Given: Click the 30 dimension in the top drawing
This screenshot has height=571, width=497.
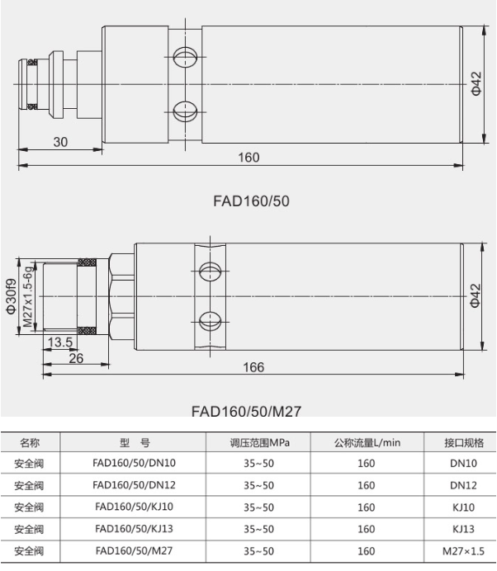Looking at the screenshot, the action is tap(60, 142).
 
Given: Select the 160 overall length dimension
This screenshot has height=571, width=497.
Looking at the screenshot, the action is tap(248, 158).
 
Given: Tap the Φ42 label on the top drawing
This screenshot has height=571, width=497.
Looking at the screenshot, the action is tap(476, 84).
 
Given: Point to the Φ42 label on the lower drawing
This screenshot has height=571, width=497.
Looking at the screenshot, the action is tap(476, 295).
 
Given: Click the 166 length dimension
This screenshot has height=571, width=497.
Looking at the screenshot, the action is tap(253, 367).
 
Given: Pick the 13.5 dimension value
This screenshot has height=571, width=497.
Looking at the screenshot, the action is tap(60, 342).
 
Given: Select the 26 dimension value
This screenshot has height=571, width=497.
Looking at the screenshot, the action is tap(76, 358).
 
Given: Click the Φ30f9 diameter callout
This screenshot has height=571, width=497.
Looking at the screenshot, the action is tap(11, 296).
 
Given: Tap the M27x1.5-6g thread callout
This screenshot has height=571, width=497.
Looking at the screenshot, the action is tap(28, 296).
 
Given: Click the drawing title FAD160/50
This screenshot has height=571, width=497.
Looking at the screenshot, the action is tap(251, 201).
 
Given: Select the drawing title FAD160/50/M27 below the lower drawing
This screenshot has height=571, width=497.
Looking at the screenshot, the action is tap(246, 412).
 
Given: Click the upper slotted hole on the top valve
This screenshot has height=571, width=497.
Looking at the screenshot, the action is tap(185, 57).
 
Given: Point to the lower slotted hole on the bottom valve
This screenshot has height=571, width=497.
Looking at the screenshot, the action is tap(211, 321).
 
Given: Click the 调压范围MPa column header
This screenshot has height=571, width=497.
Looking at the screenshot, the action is tap(259, 443).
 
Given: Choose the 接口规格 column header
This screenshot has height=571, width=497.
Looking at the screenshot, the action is tap(464, 443).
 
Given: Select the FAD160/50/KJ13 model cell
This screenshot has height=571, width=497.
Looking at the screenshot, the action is tap(134, 529).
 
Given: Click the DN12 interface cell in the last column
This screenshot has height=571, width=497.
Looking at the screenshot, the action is tap(463, 485).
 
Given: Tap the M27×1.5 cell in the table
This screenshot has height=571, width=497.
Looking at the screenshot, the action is tap(463, 551).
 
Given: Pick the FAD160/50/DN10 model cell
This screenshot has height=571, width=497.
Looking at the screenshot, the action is tap(134, 463).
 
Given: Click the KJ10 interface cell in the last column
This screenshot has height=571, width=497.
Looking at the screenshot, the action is tap(463, 507).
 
